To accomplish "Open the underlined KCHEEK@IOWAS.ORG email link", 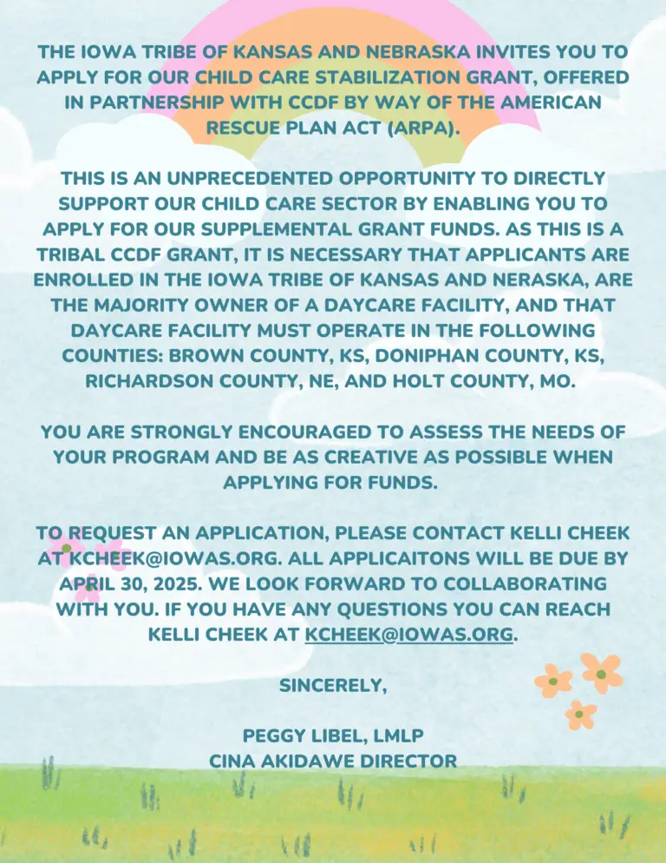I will (409, 634).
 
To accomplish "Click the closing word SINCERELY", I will (332, 685).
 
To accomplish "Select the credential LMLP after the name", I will (392, 736).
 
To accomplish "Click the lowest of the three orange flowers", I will (580, 715).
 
